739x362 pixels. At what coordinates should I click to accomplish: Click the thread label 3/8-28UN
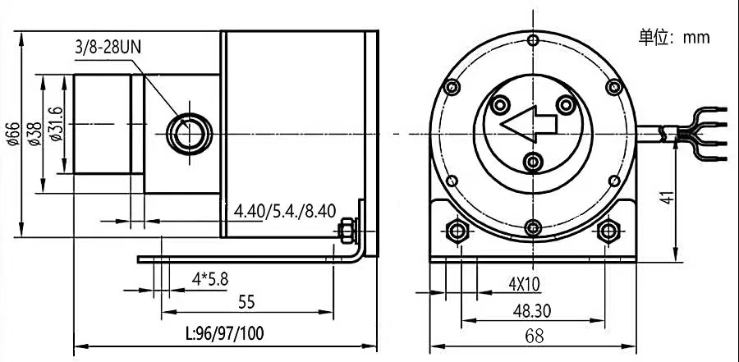[x=108, y=48]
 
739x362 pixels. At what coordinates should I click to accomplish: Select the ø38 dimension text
[x=34, y=134]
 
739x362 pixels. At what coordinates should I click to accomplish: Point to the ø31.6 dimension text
[x=56, y=123]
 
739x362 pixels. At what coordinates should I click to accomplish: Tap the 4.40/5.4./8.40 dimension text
[x=285, y=211]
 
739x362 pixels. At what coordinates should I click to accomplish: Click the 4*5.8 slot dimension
[x=210, y=280]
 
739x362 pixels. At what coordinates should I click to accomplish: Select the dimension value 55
[x=246, y=302]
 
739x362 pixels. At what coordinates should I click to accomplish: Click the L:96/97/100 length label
[x=225, y=334]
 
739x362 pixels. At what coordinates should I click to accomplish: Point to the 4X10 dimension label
[x=524, y=284]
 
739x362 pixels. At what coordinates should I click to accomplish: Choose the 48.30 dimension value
[x=531, y=310]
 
